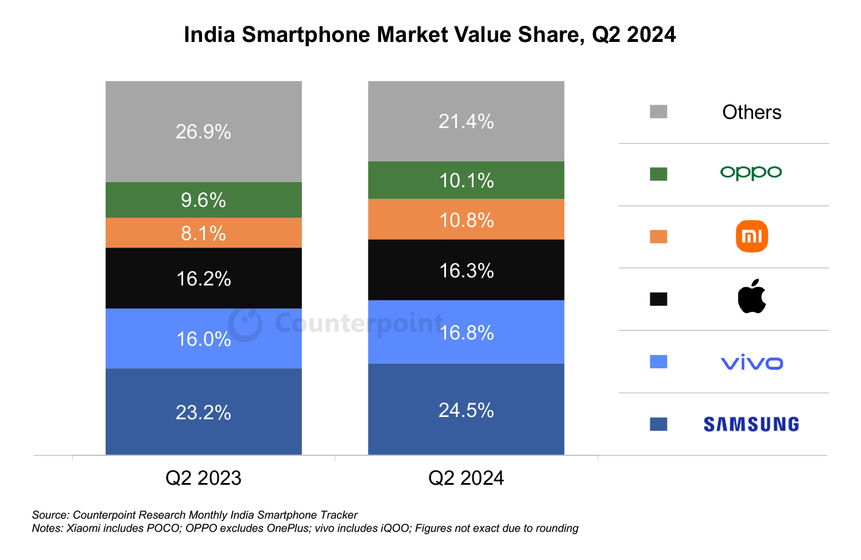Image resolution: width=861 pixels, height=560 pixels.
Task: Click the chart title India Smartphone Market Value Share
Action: pyautogui.click(x=429, y=34)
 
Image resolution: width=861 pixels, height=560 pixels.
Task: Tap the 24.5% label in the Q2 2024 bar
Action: pyautogui.click(x=466, y=410)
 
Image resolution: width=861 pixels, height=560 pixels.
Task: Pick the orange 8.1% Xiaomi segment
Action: pyautogui.click(x=204, y=233)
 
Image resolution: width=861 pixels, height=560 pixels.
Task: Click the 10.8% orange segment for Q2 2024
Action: pyautogui.click(x=466, y=219)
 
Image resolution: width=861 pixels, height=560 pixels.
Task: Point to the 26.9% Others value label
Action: pyautogui.click(x=204, y=132)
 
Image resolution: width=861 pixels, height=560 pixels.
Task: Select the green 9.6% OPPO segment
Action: pyautogui.click(x=204, y=200)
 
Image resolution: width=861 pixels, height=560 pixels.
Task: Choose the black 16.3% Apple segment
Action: pyautogui.click(x=466, y=270)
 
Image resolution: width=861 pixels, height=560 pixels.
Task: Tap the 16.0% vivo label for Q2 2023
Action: pyautogui.click(x=204, y=339)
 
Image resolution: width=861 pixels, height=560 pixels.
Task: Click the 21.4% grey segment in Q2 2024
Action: pyautogui.click(x=466, y=121)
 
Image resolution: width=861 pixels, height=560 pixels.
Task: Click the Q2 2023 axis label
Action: pyautogui.click(x=204, y=478)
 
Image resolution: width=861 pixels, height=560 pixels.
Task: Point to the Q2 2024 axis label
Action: pyautogui.click(x=466, y=478)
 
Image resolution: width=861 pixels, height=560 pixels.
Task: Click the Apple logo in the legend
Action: pyautogui.click(x=752, y=297)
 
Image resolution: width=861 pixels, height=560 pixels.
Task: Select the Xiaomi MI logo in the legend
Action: pyautogui.click(x=752, y=236)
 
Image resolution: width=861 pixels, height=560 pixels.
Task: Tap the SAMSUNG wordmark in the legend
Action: pyautogui.click(x=751, y=424)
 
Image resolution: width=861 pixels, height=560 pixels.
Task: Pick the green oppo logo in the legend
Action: pyautogui.click(x=751, y=172)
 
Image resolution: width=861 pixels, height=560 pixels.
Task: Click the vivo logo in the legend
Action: pyautogui.click(x=752, y=362)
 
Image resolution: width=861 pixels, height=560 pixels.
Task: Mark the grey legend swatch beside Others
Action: pyautogui.click(x=658, y=111)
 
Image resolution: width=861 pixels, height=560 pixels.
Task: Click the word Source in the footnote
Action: pyautogui.click(x=50, y=515)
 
